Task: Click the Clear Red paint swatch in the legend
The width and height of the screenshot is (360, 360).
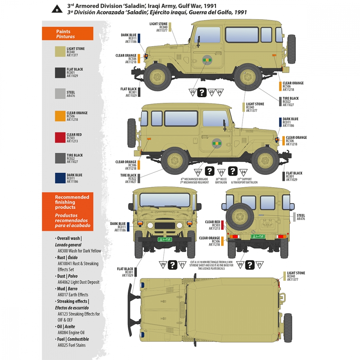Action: click(60, 137)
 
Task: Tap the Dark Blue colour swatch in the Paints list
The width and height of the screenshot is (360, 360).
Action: click(60, 178)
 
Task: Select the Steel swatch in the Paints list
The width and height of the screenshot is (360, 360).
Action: click(60, 94)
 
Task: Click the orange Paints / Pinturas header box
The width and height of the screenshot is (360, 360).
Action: click(68, 34)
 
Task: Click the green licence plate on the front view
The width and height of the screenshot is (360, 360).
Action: click(165, 239)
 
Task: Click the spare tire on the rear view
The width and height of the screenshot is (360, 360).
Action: click(239, 216)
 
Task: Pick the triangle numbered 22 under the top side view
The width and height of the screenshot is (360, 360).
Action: click(193, 93)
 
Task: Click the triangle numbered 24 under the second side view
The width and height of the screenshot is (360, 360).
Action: click(244, 172)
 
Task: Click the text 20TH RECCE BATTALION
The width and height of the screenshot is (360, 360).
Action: click(221, 181)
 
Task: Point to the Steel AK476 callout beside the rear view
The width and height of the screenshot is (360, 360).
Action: click(301, 217)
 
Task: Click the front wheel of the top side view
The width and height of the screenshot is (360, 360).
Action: click(158, 77)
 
